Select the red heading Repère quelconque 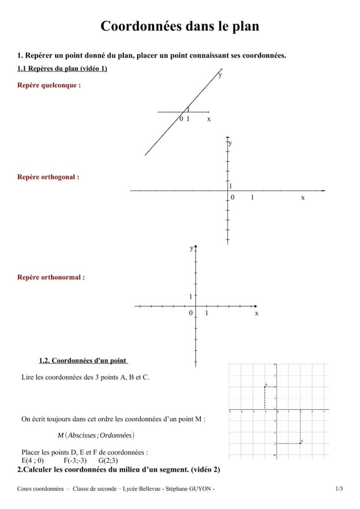(49, 85)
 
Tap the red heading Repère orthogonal (48, 177)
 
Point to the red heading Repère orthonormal (51, 277)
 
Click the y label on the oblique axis (220, 75)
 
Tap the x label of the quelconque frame (209, 119)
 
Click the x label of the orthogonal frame (302, 198)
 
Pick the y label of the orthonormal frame (191, 248)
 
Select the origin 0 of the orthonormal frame (190, 313)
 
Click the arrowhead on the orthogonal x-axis (323, 190)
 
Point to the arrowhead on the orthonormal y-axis (196, 247)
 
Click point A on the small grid (265, 387)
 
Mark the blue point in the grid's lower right (300, 442)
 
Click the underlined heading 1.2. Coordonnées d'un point (82, 361)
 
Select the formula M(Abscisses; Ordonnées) (96, 435)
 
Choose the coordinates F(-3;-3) (75, 460)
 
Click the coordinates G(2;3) (108, 460)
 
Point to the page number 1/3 (339, 489)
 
